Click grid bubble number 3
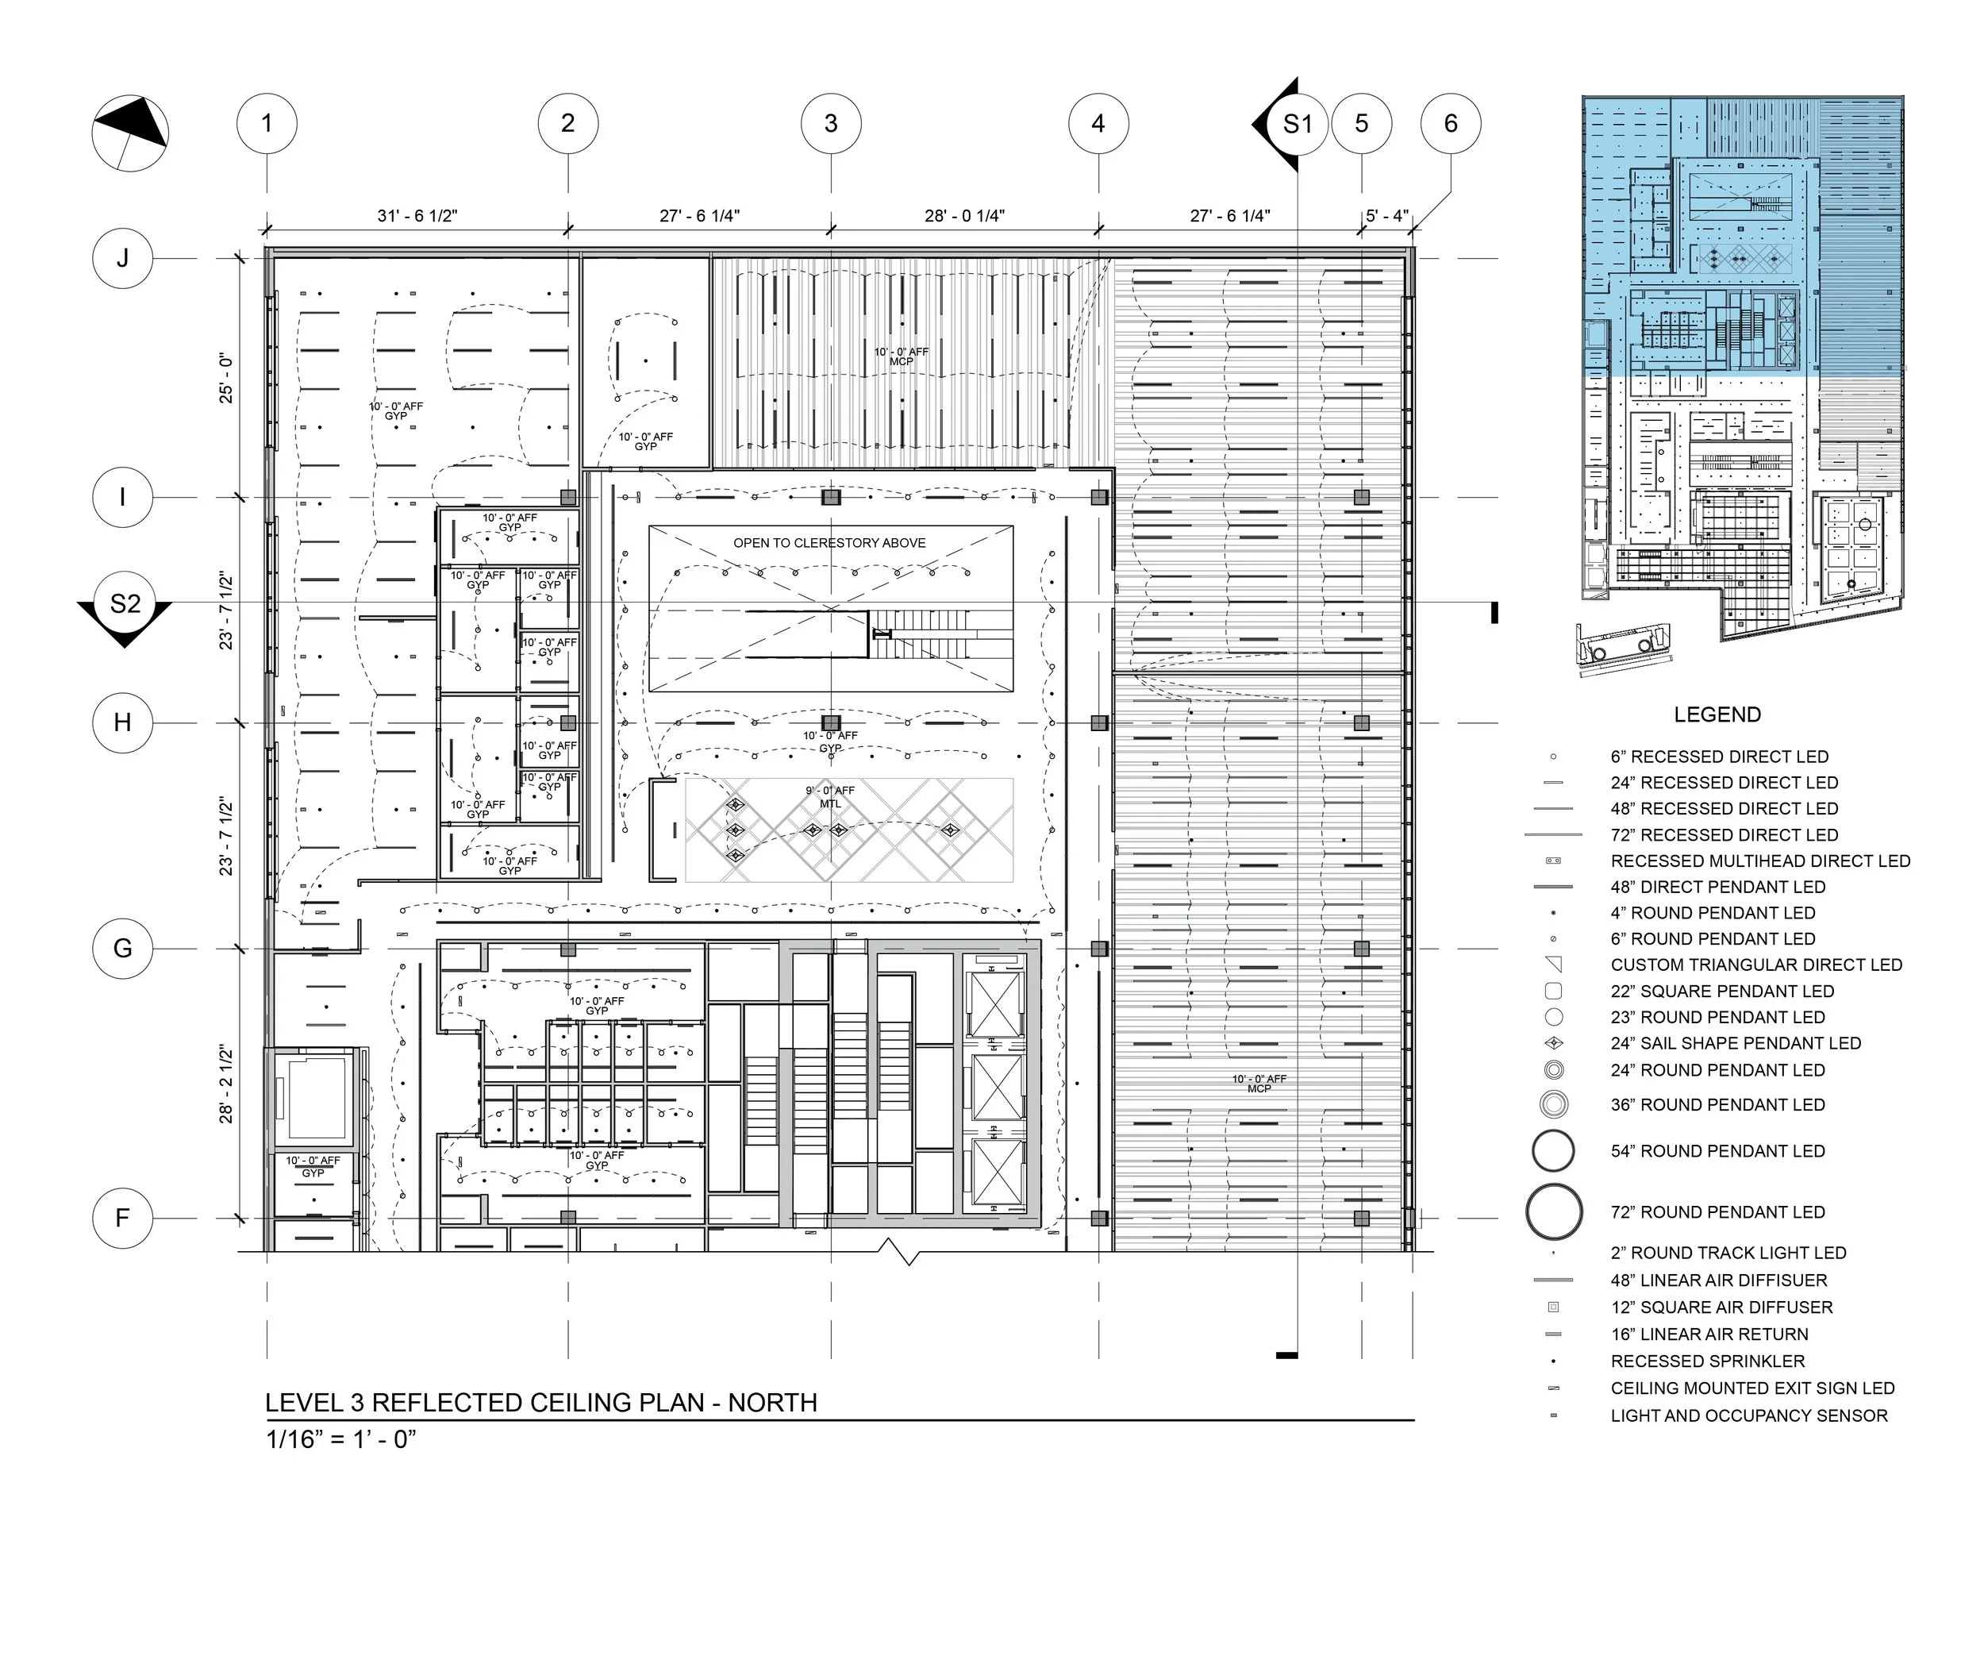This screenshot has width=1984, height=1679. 831,124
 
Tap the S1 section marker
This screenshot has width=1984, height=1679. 1295,124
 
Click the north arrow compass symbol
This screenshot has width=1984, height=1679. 130,133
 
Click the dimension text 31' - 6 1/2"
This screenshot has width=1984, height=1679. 417,216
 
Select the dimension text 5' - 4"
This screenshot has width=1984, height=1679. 1386,216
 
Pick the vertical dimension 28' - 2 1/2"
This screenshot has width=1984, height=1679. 226,1084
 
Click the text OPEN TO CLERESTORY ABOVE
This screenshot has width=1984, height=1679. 829,542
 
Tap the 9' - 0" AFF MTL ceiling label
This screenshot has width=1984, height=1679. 830,797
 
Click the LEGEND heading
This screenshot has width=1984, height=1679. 1717,714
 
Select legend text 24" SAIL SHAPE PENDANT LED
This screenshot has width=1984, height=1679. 1735,1043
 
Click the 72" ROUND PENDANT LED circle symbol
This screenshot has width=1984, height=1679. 1553,1211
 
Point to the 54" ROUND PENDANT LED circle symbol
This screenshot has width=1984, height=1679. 1553,1151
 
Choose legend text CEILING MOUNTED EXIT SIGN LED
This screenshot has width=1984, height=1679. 1751,1388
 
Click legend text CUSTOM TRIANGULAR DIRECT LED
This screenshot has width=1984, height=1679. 1755,965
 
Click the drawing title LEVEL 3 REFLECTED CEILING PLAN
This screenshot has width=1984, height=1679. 540,1403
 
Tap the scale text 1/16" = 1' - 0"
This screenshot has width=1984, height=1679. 340,1439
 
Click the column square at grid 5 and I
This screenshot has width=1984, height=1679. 1361,497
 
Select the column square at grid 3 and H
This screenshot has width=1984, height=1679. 831,722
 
